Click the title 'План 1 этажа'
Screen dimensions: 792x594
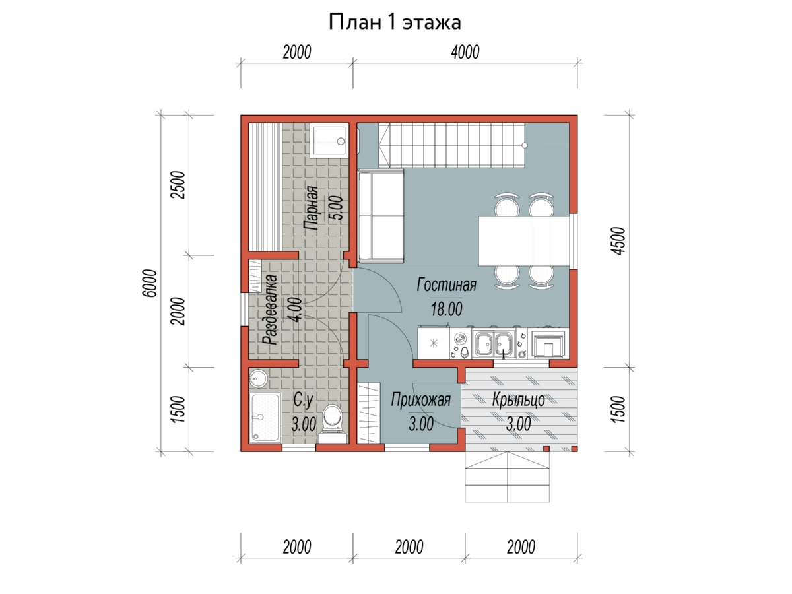coord(395,22)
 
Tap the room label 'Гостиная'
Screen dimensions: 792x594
coord(446,284)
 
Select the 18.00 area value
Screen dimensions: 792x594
coord(446,309)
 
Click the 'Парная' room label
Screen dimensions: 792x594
coord(311,208)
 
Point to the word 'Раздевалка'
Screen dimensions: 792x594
coord(269,310)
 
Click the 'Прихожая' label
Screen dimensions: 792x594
coord(420,400)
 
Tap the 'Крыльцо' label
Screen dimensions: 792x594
coord(519,400)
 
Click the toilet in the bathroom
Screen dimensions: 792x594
coord(331,423)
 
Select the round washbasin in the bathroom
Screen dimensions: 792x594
coord(257,379)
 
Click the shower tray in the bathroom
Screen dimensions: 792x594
coord(265,417)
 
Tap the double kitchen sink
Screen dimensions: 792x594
coord(492,343)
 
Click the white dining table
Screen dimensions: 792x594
coord(524,240)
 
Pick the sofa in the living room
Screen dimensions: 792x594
coord(380,215)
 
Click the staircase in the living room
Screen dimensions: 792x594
coord(451,145)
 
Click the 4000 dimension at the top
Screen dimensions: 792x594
coord(465,52)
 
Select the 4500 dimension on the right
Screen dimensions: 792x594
coord(618,241)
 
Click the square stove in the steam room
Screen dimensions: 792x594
coord(329,141)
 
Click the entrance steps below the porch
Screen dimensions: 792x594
coord(507,477)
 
